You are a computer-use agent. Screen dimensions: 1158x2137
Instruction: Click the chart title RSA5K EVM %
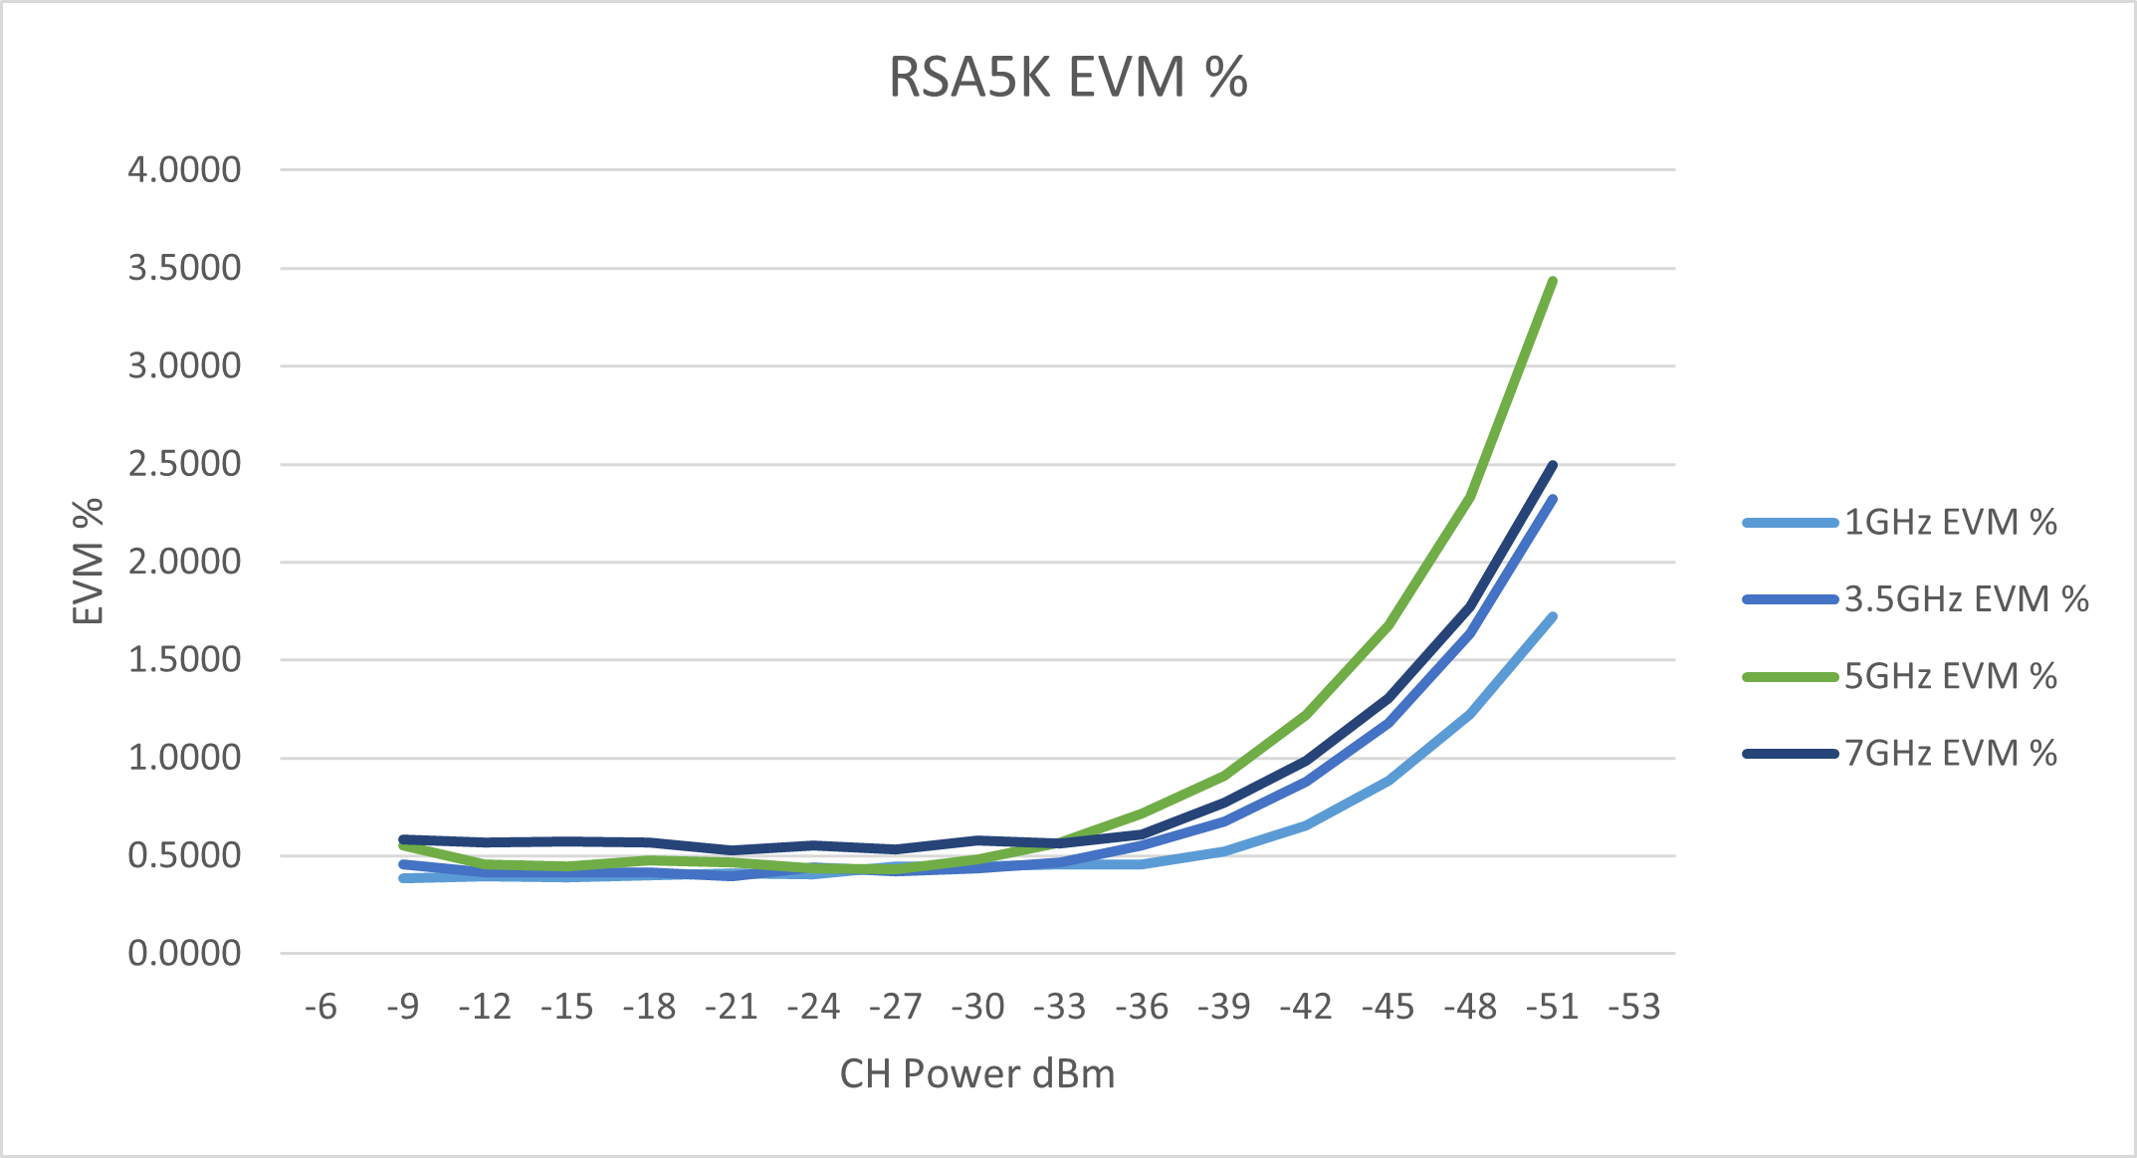coord(1067,78)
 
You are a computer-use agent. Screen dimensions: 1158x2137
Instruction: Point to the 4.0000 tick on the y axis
coord(184,170)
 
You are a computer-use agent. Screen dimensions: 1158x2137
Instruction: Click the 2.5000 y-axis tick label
coord(184,464)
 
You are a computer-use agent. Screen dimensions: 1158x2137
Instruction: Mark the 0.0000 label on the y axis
coord(184,953)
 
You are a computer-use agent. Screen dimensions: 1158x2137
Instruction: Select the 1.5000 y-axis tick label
coord(184,659)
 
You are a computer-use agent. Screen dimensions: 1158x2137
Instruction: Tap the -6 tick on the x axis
coord(321,1007)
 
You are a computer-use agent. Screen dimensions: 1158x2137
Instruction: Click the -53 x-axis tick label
coord(1634,1007)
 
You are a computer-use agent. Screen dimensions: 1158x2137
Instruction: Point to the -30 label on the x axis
coord(977,1007)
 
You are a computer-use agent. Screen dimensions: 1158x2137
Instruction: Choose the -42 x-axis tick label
coord(1306,1007)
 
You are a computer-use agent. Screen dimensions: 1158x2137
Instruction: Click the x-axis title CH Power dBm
coord(977,1073)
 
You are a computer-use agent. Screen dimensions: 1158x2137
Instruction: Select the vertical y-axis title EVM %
coord(89,562)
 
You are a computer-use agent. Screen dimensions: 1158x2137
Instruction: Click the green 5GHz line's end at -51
coord(1553,281)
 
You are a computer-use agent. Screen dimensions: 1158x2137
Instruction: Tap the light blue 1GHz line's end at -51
coord(1553,617)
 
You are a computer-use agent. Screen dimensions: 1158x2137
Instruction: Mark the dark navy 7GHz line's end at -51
coord(1553,465)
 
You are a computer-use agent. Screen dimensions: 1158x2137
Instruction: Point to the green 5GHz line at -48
coord(1470,497)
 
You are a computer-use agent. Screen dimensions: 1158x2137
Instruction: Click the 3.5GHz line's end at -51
coord(1553,499)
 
